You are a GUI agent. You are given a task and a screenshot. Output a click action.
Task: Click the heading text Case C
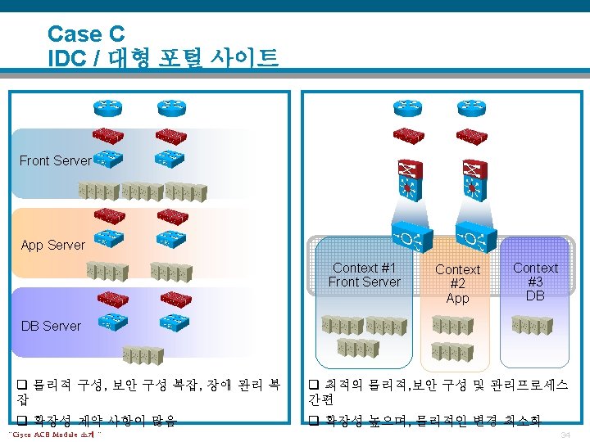tap(86, 34)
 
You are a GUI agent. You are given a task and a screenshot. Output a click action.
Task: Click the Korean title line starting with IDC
tap(163, 58)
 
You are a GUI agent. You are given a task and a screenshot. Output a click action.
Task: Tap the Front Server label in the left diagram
tap(55, 160)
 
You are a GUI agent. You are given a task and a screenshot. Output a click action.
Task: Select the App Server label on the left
tap(52, 245)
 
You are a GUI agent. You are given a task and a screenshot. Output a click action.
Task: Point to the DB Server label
tap(51, 326)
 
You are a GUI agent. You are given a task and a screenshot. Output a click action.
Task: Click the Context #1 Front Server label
tap(364, 275)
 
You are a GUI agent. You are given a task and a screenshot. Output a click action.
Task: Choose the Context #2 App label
tap(457, 283)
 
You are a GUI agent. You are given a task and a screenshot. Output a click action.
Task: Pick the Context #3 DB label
tap(535, 282)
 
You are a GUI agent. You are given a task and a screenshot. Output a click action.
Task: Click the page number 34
tap(565, 435)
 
